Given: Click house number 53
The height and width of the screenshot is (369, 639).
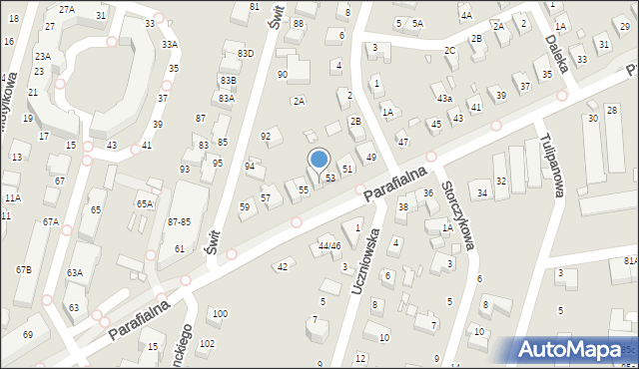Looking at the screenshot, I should (x=329, y=178).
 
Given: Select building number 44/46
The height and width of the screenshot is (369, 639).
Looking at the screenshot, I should (x=328, y=245).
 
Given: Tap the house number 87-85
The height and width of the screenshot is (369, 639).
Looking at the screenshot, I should (x=180, y=221).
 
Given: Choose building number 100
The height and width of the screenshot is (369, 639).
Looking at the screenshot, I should (x=219, y=314).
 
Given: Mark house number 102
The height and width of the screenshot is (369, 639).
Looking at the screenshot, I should (x=207, y=344).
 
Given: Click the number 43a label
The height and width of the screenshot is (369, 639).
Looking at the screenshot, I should (x=444, y=99).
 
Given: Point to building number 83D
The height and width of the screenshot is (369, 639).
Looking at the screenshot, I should (x=245, y=53).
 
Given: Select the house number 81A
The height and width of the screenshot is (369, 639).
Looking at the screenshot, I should (x=630, y=260).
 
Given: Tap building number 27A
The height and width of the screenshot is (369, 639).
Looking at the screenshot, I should (x=67, y=9).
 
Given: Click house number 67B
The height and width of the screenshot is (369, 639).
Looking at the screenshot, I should (x=23, y=270).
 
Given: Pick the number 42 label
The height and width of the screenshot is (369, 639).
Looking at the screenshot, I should (x=283, y=266).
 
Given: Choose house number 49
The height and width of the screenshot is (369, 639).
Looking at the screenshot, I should (x=370, y=158).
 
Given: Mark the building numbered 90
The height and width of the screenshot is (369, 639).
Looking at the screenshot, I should (x=283, y=75).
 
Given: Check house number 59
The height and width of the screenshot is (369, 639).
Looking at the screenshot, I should (x=245, y=206).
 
